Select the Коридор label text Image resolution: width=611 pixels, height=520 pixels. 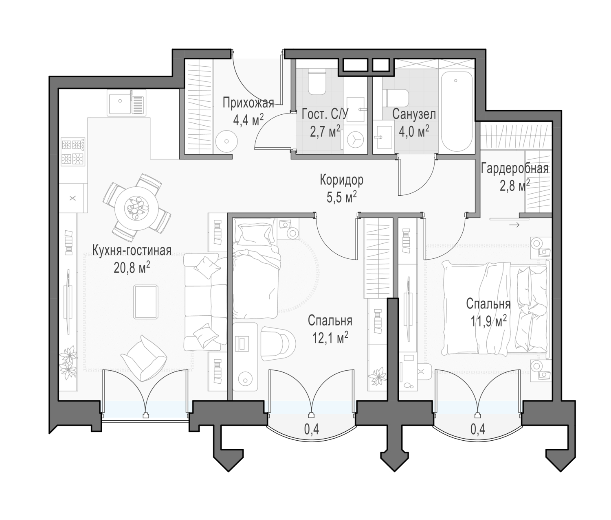(341, 180)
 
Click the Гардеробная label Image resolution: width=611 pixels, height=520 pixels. (514, 168)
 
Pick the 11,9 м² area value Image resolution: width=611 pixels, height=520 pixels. (488, 321)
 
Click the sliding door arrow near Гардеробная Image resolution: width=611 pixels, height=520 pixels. (514, 225)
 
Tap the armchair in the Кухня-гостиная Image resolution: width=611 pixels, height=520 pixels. (143, 358)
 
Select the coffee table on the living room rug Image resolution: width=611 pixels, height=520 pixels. (145, 302)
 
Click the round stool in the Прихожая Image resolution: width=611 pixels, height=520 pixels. (226, 142)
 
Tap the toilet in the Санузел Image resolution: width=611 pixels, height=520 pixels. (396, 98)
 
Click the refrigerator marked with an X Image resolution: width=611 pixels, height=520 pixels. (73, 198)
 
